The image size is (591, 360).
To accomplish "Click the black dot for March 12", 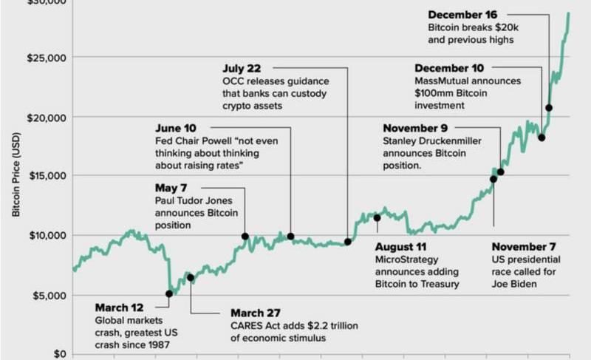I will click(x=169, y=293).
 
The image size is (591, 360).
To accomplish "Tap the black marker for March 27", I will click(x=191, y=278).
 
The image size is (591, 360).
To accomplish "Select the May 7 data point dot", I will click(x=245, y=237).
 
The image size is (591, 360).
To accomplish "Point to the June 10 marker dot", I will click(x=290, y=237).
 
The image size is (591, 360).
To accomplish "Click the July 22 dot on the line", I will click(x=347, y=242).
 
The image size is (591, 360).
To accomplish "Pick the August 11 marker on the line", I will click(x=377, y=217).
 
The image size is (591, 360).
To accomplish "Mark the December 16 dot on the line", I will click(x=549, y=108).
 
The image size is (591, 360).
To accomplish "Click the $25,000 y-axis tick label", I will click(x=46, y=58).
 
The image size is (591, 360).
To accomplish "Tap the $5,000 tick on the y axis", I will click(x=49, y=295).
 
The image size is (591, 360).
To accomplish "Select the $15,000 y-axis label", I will click(x=46, y=176).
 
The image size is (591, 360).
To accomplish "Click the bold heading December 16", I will click(x=463, y=15).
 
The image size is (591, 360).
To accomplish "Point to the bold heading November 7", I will click(x=524, y=247).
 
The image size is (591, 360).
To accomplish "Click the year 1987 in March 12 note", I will click(x=157, y=345).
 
